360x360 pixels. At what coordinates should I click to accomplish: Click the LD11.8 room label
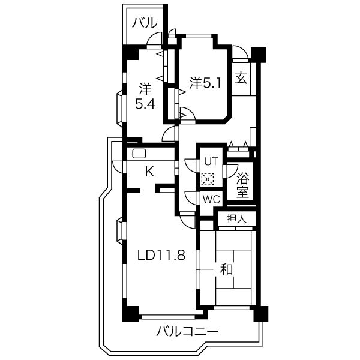tap(161, 255)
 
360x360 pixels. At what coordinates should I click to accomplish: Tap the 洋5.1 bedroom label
tap(205, 83)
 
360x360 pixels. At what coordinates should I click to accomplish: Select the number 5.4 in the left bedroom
tap(145, 104)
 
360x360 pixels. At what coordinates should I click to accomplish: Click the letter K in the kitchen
tap(149, 171)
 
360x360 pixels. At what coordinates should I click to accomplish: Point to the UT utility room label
tap(211, 161)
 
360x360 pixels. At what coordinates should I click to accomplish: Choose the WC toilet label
tap(211, 199)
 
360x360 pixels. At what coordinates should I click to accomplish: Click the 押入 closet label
tap(236, 219)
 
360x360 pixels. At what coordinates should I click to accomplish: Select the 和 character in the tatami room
tap(226, 269)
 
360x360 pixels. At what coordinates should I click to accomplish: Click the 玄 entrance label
tap(241, 78)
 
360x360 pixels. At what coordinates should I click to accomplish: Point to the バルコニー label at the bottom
tap(187, 331)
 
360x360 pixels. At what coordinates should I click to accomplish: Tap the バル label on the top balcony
tap(145, 23)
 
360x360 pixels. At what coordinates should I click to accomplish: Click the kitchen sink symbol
tap(139, 154)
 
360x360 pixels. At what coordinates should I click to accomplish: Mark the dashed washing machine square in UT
tap(208, 179)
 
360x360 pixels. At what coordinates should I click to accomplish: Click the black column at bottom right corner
tap(261, 314)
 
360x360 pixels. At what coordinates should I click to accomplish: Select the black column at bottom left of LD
tap(131, 314)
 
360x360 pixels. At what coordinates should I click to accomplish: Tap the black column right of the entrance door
tap(258, 55)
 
